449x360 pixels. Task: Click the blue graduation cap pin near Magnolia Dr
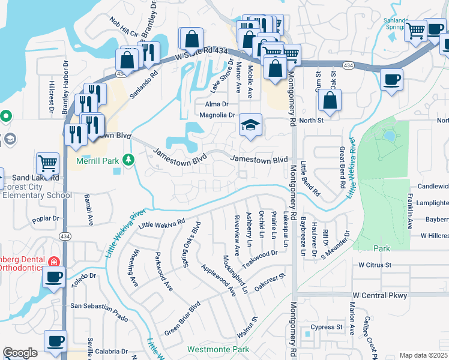[x=251, y=125]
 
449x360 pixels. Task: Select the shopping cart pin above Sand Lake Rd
[x=47, y=162]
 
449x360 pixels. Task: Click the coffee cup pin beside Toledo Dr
[x=54, y=277]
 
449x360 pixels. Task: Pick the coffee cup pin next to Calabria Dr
[x=56, y=341]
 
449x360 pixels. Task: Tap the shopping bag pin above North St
[x=330, y=100]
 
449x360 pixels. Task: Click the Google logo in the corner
[x=20, y=353]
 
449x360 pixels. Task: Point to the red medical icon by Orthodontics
[x=53, y=262]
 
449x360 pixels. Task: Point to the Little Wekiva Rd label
[x=161, y=223]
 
